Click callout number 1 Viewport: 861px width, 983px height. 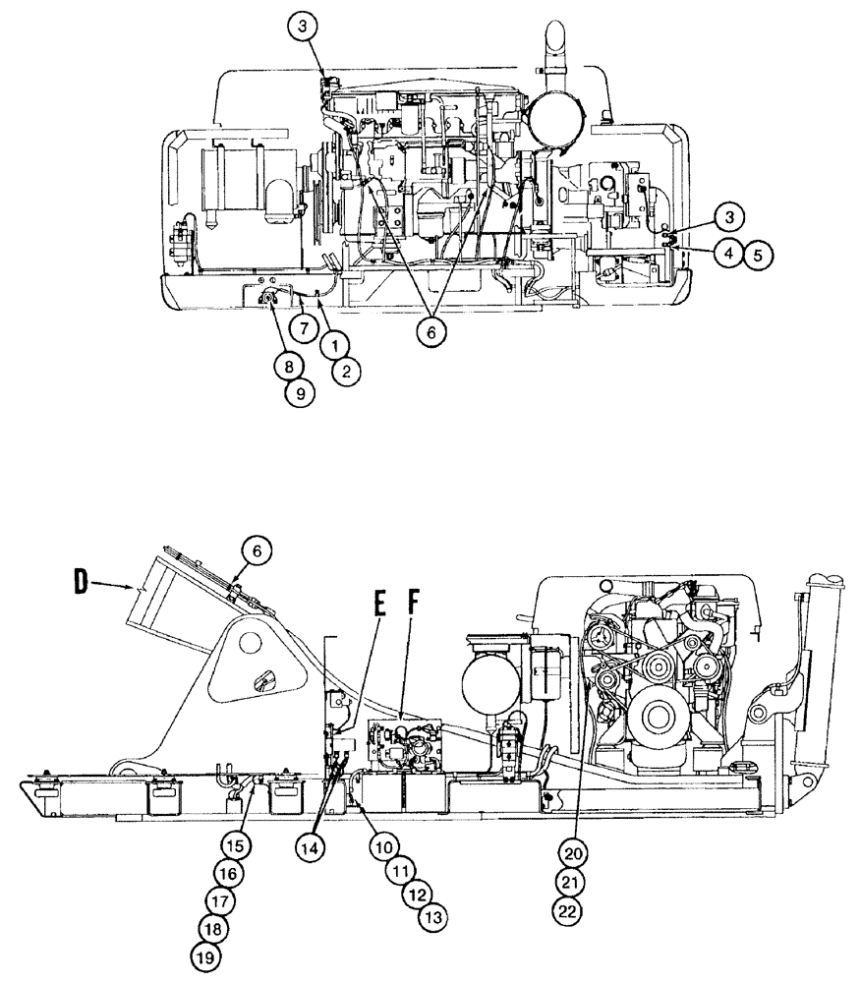click(334, 345)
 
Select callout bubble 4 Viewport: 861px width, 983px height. click(728, 254)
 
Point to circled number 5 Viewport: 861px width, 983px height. click(757, 254)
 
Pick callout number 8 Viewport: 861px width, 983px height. click(289, 367)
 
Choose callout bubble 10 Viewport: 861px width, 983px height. click(384, 844)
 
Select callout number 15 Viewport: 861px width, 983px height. click(233, 844)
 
